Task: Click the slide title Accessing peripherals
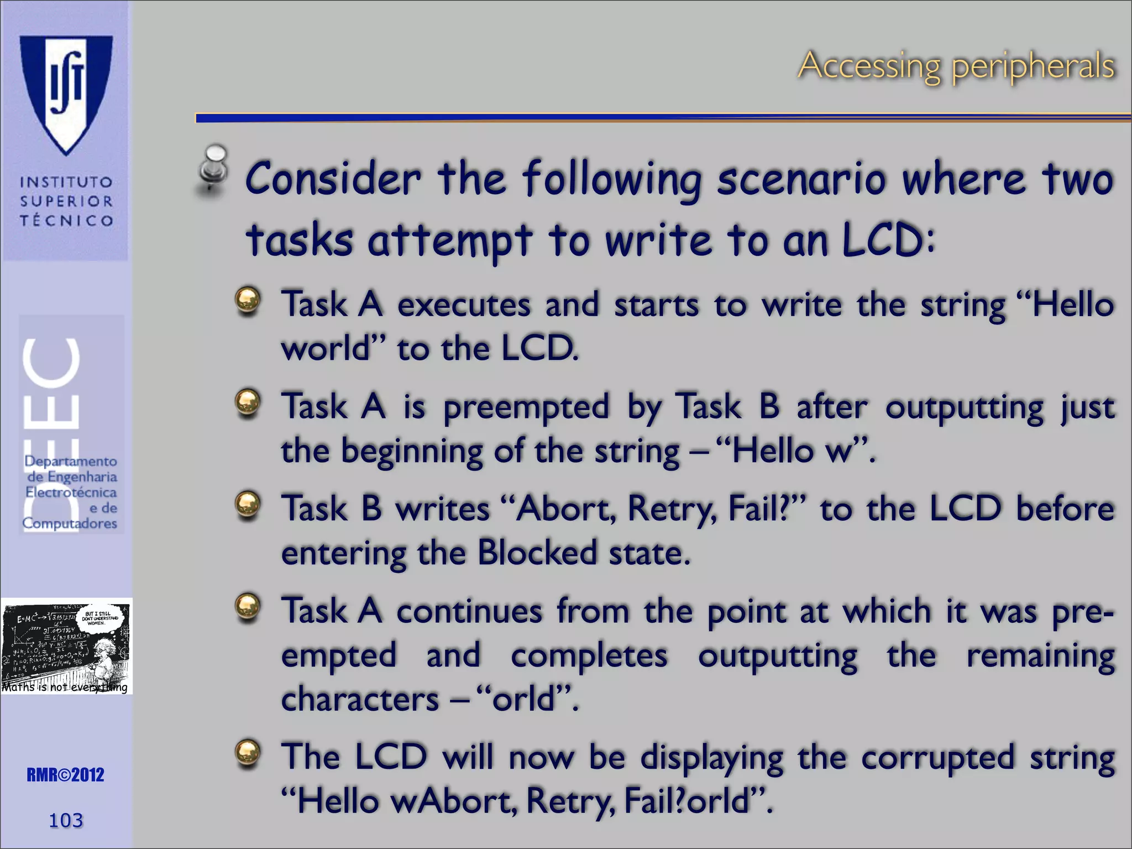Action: [956, 66]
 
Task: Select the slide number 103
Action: [66, 820]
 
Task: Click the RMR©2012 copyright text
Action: [65, 775]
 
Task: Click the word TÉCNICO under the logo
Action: [66, 221]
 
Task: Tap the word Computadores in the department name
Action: [70, 523]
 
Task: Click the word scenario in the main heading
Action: [801, 180]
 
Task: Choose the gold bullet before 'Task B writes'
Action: [248, 505]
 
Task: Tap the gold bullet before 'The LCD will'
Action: [248, 753]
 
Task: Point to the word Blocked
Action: [537, 553]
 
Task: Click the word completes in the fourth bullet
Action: [589, 656]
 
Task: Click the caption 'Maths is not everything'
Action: [65, 687]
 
